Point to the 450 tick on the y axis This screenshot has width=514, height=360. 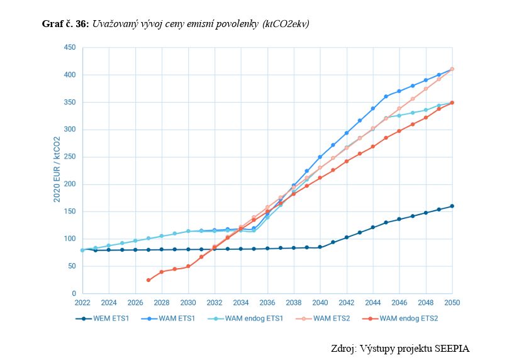pos(70,48)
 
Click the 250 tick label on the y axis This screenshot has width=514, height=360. pos(70,157)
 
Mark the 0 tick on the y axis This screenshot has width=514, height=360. pos(74,294)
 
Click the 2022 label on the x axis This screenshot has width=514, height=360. pos(82,302)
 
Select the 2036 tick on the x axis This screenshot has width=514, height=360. pos(267,302)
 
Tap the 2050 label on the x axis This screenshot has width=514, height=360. pos(452,302)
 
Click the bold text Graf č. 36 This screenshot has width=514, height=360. pos(65,24)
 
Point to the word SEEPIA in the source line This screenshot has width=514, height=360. pos(451,348)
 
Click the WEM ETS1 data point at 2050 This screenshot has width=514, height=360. pos(452,206)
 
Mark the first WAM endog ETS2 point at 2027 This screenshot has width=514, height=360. pos(148,280)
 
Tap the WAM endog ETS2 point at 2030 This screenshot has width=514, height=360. pos(188,266)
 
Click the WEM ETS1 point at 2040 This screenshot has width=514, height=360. pos(320,247)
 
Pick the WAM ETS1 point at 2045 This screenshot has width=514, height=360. pos(386,96)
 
